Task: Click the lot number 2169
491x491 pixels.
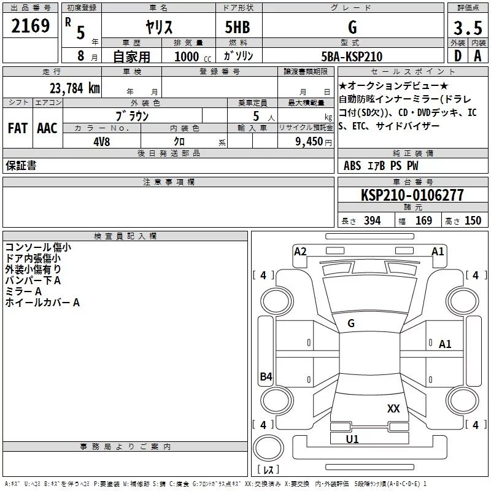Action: coord(30,26)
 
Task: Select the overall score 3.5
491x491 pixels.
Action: coord(468,28)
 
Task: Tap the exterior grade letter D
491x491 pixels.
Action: coord(458,56)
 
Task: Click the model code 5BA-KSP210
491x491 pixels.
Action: coord(352,56)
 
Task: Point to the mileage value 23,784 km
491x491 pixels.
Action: coord(75,88)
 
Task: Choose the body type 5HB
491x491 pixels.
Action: coord(238,27)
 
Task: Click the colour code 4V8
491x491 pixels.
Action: coord(102,142)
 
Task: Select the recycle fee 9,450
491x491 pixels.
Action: coord(309,142)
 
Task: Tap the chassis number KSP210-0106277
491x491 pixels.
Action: coord(412,195)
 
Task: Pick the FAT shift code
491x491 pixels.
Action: coord(18,128)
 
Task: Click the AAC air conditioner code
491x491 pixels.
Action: coord(47,128)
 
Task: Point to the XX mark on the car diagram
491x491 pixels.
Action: coord(393,408)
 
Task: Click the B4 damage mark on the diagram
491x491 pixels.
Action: coord(266,376)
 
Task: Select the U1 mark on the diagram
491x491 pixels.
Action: coord(352,439)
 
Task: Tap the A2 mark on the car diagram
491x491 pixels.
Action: coord(300,252)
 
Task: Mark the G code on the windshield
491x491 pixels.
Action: coord(351,323)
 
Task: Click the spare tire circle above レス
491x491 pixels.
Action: coord(268,447)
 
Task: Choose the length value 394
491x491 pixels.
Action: coord(373,221)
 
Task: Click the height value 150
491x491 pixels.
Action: coord(473,221)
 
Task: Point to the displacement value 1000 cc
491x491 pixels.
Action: coord(193,56)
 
